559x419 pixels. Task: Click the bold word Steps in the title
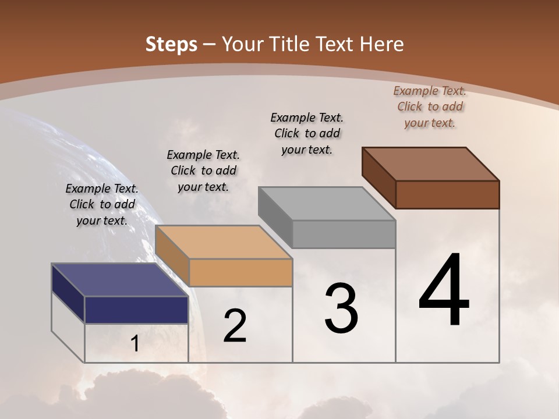click(x=171, y=44)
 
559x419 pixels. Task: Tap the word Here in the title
click(x=381, y=44)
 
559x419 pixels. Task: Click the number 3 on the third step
click(x=341, y=308)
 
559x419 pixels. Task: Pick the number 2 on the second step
click(x=235, y=326)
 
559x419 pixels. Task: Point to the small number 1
click(x=135, y=344)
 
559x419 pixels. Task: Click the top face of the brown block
click(x=430, y=164)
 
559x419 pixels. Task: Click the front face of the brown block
click(x=447, y=194)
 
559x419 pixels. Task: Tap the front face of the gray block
click(x=344, y=234)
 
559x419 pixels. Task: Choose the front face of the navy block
click(x=136, y=310)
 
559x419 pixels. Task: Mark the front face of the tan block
click(x=240, y=272)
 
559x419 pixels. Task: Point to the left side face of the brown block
click(x=378, y=177)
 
